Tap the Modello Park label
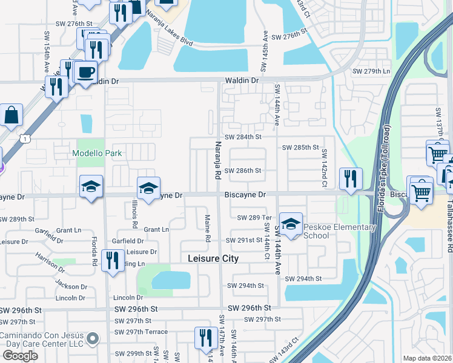coord(97,153)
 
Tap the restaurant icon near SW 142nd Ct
coord(351,178)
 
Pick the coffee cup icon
coord(85,73)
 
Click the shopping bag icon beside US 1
coord(12,115)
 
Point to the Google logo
coord(20,355)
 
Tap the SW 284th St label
coord(242,137)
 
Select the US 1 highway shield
coord(24,139)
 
